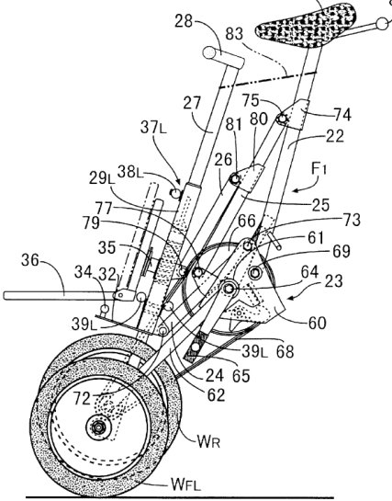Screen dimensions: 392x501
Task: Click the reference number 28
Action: click(x=184, y=21)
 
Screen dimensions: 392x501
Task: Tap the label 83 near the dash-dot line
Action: click(x=234, y=33)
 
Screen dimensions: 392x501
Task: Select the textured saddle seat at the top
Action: click(x=306, y=26)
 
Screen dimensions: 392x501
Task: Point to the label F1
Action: click(x=318, y=170)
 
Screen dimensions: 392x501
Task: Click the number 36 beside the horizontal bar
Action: click(x=30, y=260)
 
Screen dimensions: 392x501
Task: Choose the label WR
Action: click(x=209, y=441)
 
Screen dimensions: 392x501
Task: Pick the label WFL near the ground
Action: click(x=186, y=484)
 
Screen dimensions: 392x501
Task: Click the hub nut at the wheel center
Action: click(x=98, y=427)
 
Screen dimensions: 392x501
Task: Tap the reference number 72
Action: click(x=83, y=398)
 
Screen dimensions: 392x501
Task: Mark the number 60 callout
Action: click(x=318, y=323)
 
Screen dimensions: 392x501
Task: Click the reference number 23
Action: click(x=333, y=281)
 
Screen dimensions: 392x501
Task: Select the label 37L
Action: click(x=153, y=128)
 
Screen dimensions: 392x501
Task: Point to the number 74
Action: click(x=342, y=114)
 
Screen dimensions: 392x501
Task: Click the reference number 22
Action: click(x=335, y=136)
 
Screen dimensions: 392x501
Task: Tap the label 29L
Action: click(x=102, y=178)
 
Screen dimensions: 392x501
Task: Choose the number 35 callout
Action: click(x=107, y=247)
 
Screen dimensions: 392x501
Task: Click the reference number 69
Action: click(x=342, y=251)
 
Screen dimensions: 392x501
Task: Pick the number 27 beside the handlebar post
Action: click(x=193, y=103)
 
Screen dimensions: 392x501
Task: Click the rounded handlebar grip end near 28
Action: click(x=209, y=52)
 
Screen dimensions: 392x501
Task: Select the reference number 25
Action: click(x=320, y=205)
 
